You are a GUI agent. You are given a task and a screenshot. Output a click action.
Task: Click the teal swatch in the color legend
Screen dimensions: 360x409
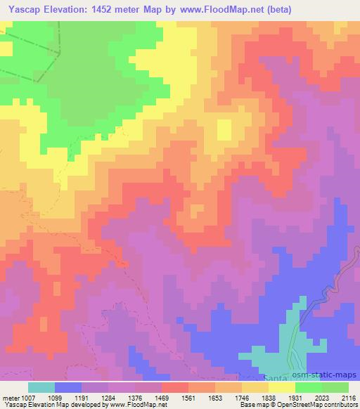41,387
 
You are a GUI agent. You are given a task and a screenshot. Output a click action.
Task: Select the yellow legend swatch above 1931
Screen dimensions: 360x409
281,387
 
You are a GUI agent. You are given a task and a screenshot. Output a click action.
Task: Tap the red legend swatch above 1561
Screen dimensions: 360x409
174,387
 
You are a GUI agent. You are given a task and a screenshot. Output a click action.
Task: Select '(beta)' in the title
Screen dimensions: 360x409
276,9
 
